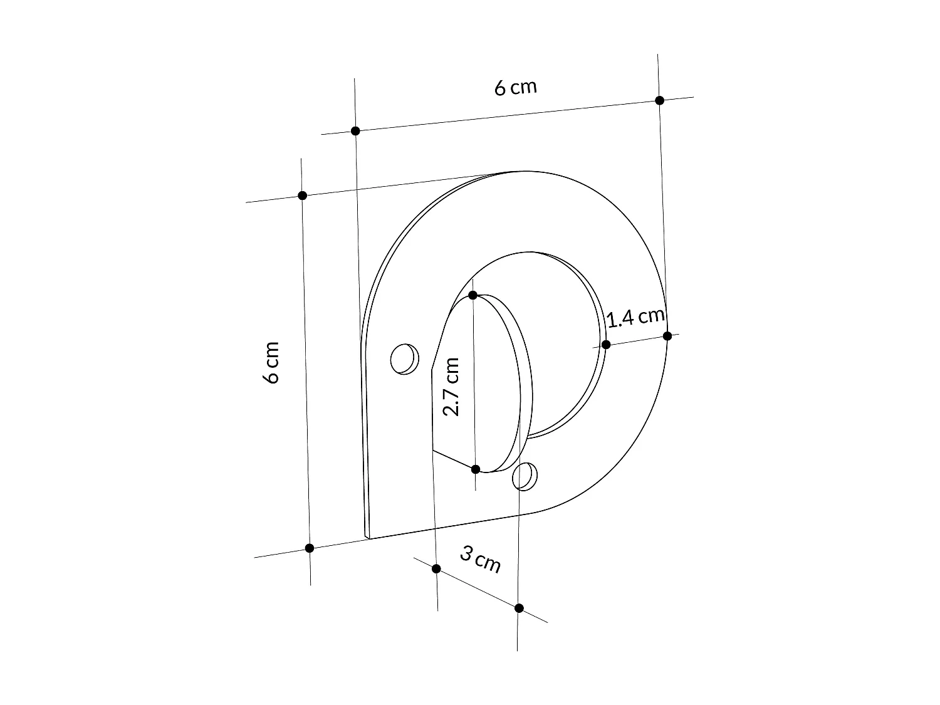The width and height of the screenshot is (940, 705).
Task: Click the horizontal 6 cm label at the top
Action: pos(516,87)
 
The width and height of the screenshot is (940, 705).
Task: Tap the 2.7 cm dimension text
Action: pos(451,387)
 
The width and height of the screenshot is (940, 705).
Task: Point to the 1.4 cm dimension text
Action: pos(635,317)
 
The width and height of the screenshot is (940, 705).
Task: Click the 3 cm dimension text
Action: pos(481,559)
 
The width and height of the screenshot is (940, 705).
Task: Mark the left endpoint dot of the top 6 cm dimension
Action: pos(355,131)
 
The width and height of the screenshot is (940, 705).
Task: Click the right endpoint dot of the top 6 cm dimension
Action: pos(659,100)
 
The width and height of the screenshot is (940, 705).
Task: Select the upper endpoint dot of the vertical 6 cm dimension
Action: pos(302,196)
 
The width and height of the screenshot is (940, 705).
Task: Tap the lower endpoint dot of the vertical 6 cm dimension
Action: pos(309,548)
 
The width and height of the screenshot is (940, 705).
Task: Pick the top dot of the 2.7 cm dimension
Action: pos(473,295)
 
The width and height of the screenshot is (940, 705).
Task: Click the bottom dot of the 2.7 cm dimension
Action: pos(476,469)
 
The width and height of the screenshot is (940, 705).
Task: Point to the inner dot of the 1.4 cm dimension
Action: pos(606,345)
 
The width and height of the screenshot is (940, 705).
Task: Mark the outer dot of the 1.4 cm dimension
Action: pos(667,336)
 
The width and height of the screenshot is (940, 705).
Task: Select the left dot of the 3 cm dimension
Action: pos(436,568)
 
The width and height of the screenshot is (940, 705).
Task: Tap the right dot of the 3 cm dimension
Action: pos(519,608)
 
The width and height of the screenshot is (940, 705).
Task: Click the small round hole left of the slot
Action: pos(404,359)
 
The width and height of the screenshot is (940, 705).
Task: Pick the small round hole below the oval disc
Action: pos(525,477)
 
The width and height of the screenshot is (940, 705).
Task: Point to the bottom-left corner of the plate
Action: pos(367,538)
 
